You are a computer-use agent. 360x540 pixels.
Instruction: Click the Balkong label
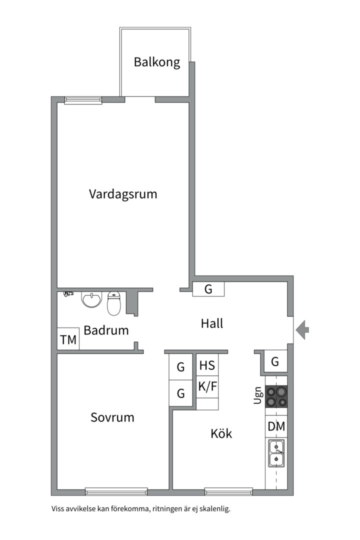click(156, 62)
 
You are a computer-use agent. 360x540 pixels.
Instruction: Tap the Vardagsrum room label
click(123, 194)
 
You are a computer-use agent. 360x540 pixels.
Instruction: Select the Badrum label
click(106, 330)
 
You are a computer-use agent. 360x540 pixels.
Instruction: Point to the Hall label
click(212, 323)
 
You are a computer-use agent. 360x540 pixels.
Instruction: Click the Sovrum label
click(112, 417)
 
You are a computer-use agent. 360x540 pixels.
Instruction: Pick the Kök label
click(221, 433)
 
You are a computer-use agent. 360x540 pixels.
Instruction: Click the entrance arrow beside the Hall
click(302, 329)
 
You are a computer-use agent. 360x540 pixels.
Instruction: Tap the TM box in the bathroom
click(68, 340)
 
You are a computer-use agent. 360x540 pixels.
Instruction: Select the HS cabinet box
click(207, 365)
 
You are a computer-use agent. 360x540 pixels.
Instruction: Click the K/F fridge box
click(207, 386)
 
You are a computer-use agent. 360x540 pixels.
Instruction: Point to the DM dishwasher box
click(276, 426)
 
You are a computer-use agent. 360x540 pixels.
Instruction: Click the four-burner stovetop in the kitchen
click(276, 397)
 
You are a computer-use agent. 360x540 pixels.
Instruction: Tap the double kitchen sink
click(276, 452)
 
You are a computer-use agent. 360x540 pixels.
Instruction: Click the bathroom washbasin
click(91, 299)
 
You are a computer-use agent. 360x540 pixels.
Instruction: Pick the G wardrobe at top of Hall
click(208, 289)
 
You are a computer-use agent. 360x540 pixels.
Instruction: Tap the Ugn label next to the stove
click(258, 395)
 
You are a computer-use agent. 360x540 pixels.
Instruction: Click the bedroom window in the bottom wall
click(116, 491)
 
